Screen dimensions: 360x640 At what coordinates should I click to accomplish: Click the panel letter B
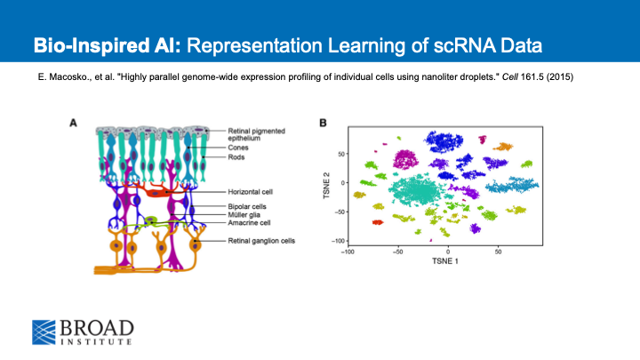323,123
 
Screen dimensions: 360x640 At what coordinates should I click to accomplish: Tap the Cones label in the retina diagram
240,149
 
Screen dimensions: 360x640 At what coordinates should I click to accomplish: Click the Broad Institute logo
83,331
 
